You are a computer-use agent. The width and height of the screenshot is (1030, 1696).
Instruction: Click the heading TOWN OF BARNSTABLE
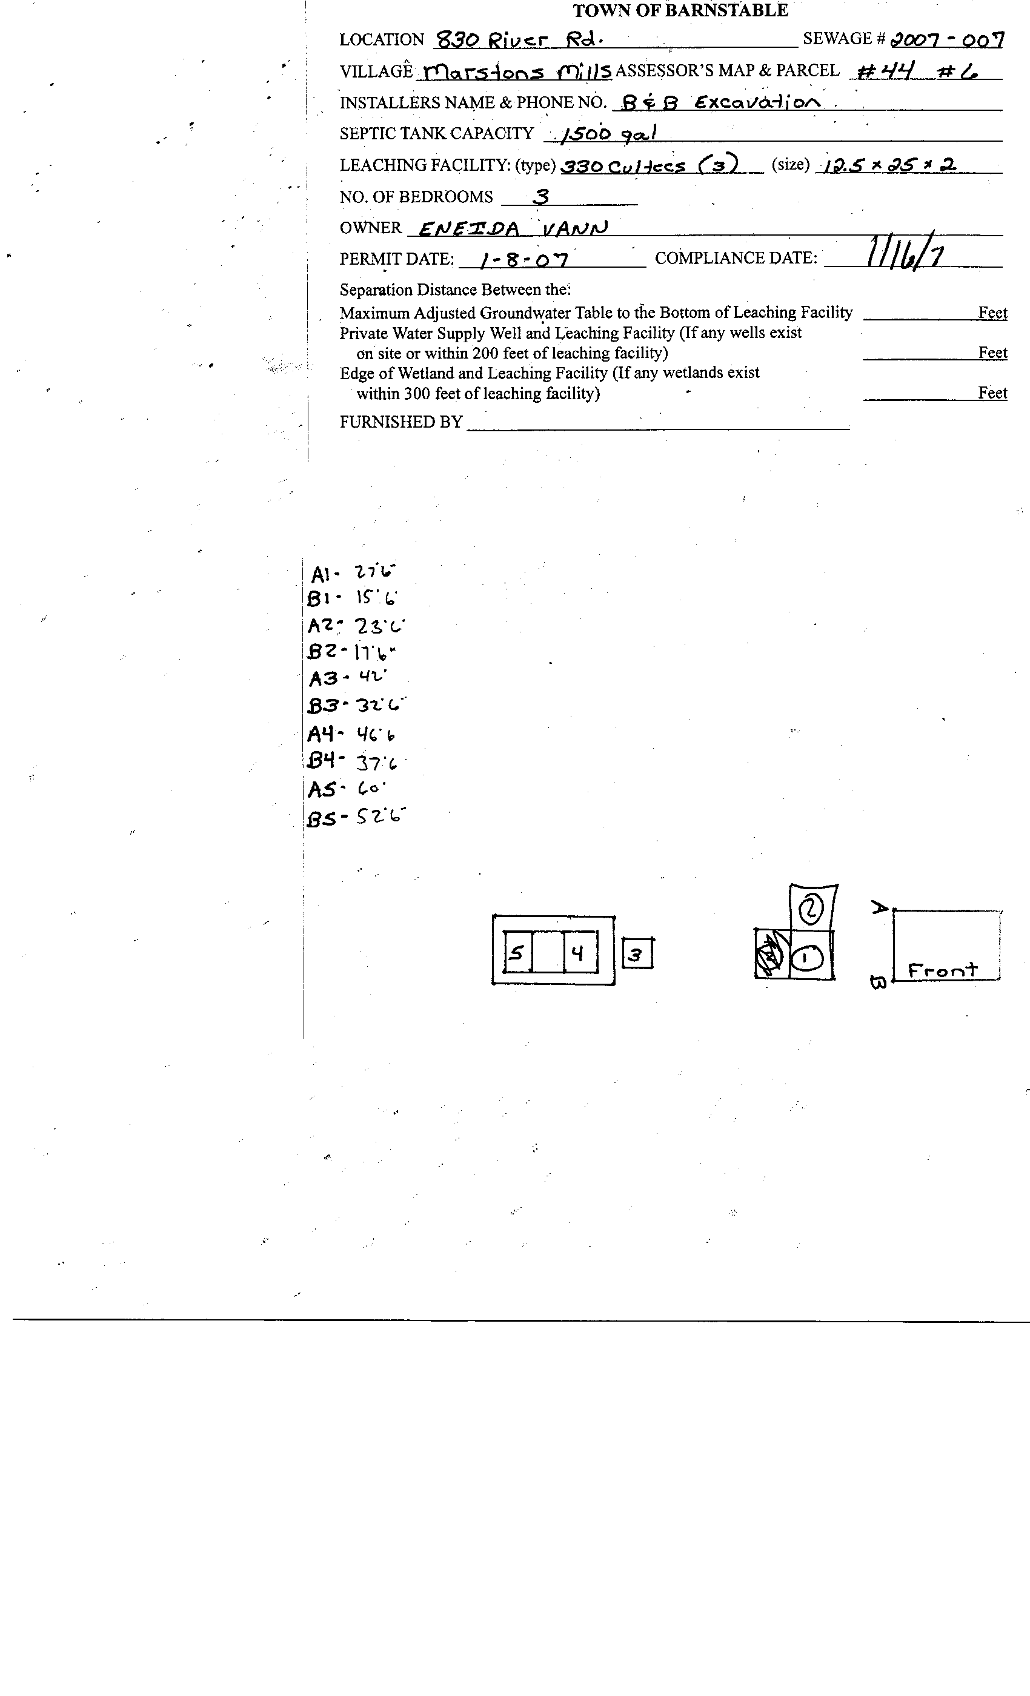[680, 10]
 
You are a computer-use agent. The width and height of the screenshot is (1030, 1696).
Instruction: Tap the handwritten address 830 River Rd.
[520, 40]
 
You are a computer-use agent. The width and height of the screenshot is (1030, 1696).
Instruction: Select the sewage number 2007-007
[946, 39]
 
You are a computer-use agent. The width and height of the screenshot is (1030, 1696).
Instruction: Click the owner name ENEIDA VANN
[513, 228]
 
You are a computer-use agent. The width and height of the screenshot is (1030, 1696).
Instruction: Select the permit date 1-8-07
[524, 259]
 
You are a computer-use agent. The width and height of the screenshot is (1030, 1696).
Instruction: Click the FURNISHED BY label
[400, 422]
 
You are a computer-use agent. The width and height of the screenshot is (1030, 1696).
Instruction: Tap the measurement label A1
[322, 574]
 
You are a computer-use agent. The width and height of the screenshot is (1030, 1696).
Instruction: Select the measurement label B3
[322, 706]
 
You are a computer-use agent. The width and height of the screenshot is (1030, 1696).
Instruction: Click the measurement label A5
[322, 789]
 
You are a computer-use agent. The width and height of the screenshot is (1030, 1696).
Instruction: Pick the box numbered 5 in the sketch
[517, 953]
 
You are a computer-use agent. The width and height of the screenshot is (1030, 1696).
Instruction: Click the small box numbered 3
[637, 954]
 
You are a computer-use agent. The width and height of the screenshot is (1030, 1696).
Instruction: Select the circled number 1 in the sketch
[805, 958]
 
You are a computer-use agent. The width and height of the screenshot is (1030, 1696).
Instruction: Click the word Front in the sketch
[942, 970]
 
